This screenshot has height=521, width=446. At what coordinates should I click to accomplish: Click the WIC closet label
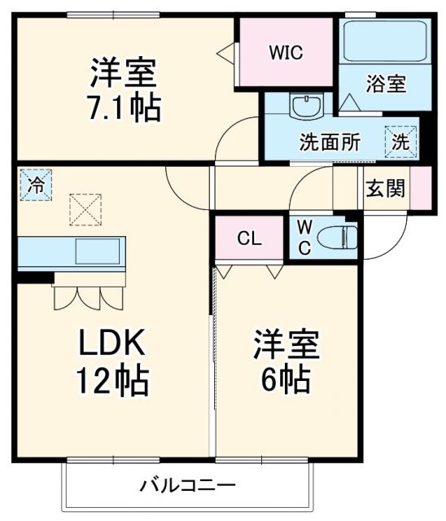pos(286,53)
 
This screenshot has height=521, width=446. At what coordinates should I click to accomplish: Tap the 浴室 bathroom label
pos(386,83)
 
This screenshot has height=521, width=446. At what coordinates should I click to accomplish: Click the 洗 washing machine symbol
pos(401,139)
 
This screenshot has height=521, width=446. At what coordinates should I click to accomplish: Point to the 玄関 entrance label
pos(385,188)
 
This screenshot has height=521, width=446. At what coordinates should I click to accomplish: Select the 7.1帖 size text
pos(124,107)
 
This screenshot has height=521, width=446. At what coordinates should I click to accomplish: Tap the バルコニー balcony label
pos(186,486)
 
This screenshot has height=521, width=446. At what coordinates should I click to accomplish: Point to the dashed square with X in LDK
pos(85,208)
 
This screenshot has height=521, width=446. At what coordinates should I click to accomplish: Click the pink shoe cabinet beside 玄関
pos(420,188)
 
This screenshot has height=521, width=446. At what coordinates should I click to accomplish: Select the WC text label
pos(303,236)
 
